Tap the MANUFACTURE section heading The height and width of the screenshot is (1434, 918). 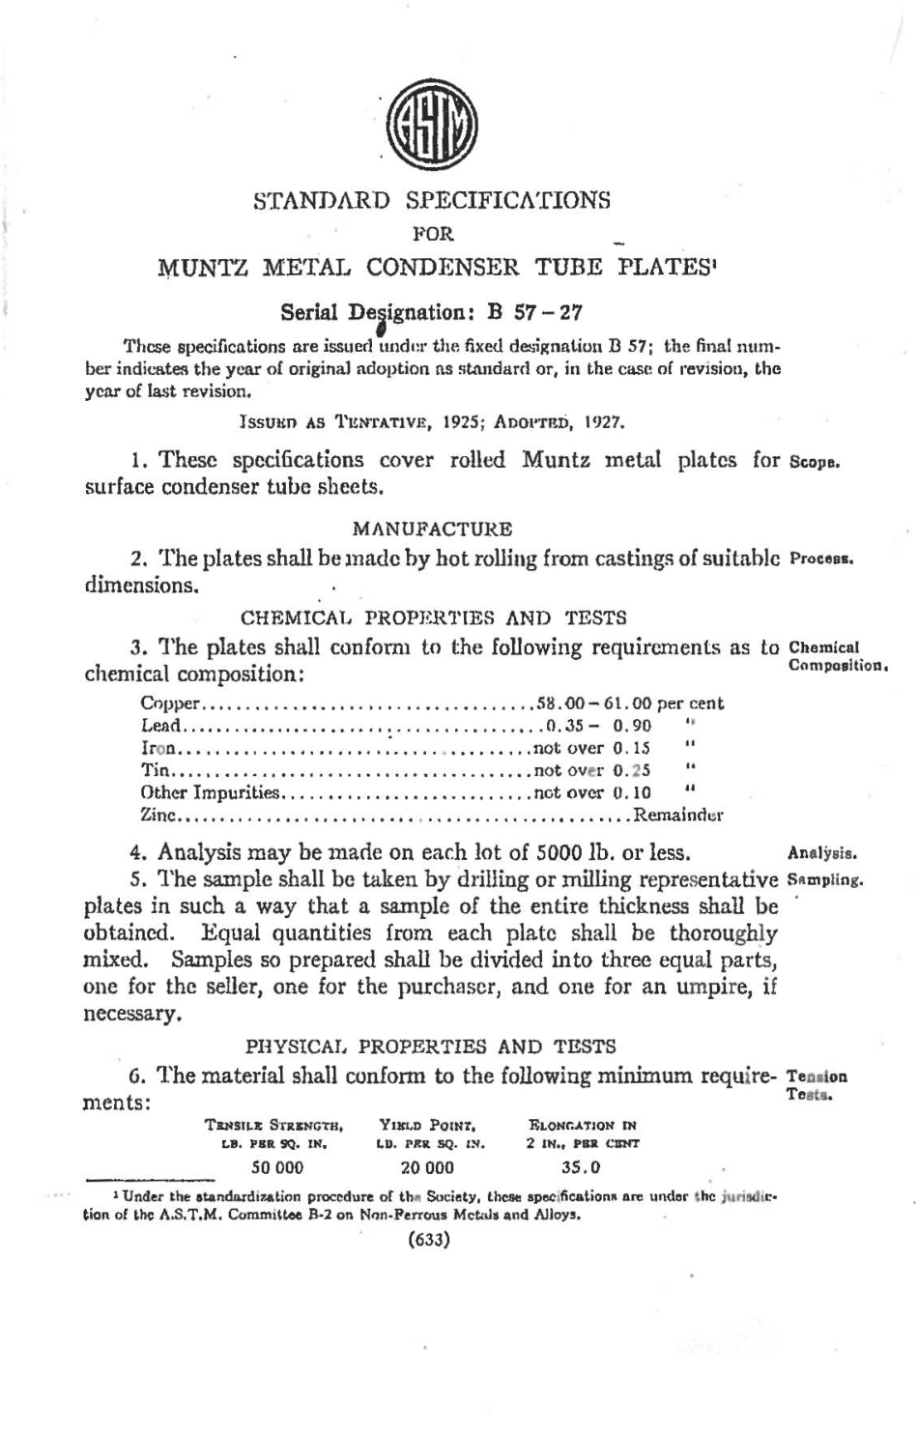[432, 529]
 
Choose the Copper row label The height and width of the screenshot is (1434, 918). [170, 704]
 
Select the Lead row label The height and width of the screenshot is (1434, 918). [158, 726]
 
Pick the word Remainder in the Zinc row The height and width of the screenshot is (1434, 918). [678, 815]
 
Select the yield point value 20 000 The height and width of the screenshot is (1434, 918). [427, 1166]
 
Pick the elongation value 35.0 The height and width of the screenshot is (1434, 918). [581, 1166]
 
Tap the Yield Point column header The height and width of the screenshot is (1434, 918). [429, 1125]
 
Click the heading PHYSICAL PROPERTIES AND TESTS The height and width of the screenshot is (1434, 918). [431, 1046]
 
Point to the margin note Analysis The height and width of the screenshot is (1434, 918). [823, 853]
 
